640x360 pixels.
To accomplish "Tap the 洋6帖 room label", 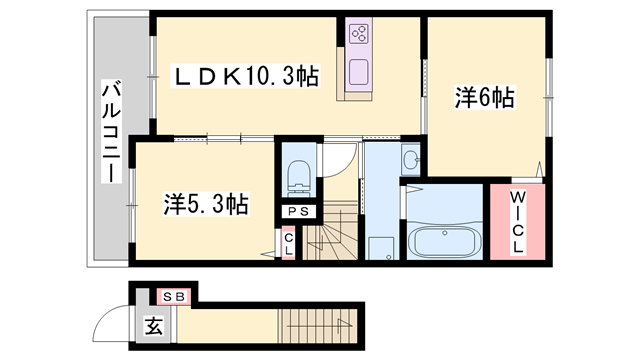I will [485, 98].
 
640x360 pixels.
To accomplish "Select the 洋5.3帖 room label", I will [206, 205].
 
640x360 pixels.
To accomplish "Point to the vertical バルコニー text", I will [111, 135].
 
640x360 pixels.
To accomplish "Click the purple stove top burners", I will [358, 34].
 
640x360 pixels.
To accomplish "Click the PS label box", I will [298, 211].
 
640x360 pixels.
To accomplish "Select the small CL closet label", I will [287, 242].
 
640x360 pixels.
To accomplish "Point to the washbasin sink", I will [410, 161].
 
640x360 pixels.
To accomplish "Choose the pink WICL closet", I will [517, 222].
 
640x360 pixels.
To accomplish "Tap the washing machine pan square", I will [380, 246].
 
